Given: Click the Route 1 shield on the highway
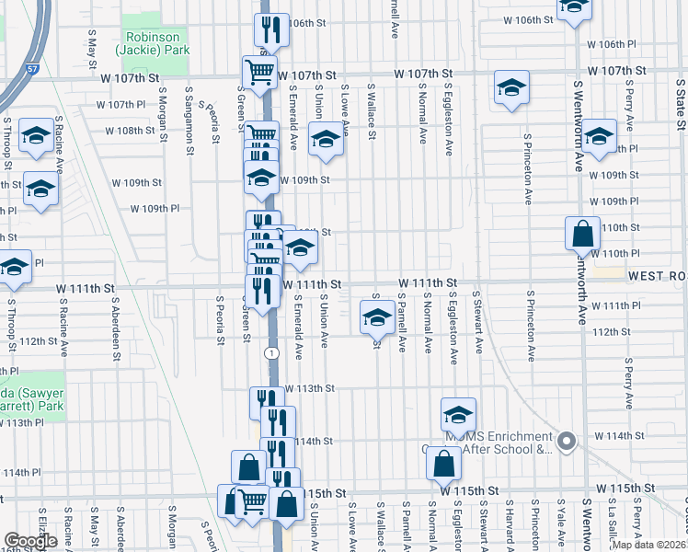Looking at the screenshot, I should point(271,353).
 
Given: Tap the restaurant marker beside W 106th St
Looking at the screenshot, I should point(269,30).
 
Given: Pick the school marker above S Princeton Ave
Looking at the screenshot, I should point(510,88).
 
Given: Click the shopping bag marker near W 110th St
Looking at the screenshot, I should point(583,234).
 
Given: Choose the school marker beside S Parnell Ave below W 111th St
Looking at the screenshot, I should point(375,317).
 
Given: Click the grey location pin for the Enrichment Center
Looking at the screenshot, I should point(567,443).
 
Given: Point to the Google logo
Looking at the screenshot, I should point(30,541).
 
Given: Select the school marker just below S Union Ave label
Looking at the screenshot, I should point(325,139).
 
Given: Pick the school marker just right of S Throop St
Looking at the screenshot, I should point(36,136).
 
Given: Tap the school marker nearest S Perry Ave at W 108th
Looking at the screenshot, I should point(599,136).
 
